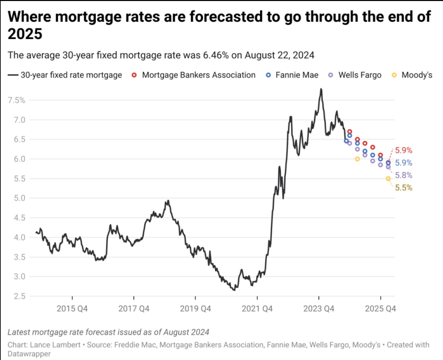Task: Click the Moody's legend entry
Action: pos(417,75)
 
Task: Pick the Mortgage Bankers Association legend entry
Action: pos(198,75)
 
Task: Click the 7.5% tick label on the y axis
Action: pos(16,100)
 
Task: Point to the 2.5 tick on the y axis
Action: pos(19,296)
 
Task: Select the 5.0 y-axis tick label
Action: pos(19,198)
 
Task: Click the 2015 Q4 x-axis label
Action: pos(72,308)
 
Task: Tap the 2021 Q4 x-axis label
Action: pos(257,308)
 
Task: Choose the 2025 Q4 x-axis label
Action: pos(380,308)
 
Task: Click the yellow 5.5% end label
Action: pos(404,188)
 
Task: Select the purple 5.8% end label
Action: pos(404,175)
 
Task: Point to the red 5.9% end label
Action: pos(404,151)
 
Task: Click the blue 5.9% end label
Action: pos(404,163)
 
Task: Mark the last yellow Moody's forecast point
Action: pos(388,179)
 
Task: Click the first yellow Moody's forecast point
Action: pos(357,159)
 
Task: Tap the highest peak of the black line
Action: pos(321,89)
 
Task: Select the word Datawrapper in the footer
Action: pos(29,354)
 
